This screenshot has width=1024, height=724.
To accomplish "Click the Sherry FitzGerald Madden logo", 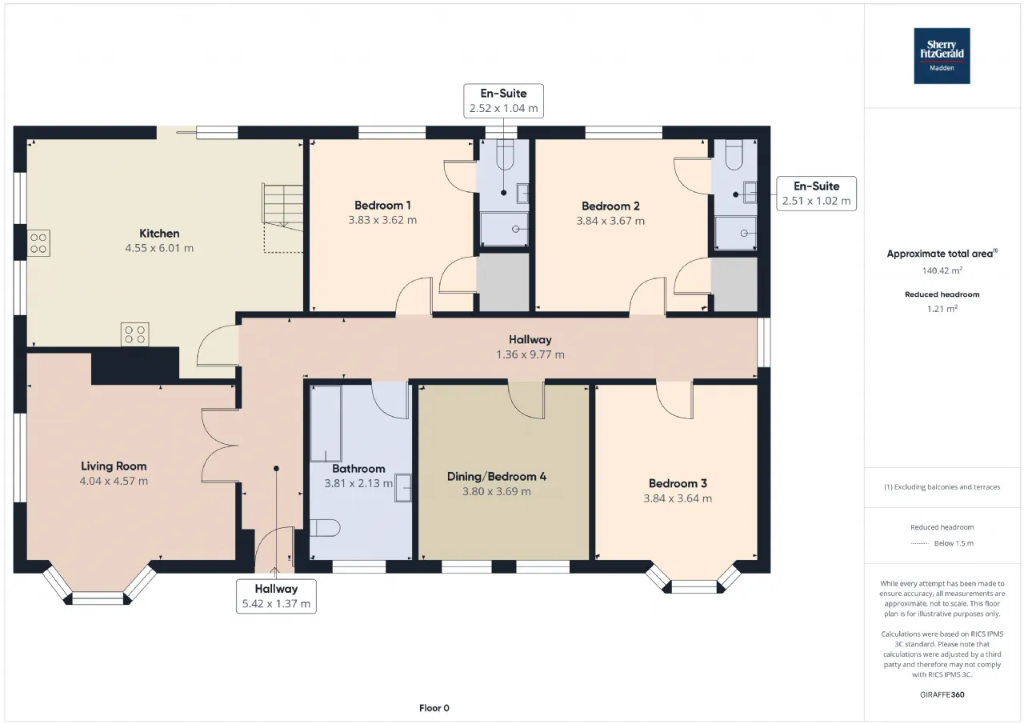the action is click(x=942, y=56).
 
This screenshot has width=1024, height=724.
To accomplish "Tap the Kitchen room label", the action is click(x=159, y=233).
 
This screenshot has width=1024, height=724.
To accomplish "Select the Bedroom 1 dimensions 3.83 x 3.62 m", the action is click(x=382, y=220).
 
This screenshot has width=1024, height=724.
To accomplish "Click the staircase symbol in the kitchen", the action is click(x=282, y=208).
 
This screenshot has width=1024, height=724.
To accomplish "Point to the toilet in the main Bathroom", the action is click(x=325, y=528).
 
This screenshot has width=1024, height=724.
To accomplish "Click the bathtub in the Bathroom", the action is click(x=326, y=424).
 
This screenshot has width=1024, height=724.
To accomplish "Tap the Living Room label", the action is click(x=114, y=466).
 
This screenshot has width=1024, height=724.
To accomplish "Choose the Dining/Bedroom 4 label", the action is click(x=497, y=477).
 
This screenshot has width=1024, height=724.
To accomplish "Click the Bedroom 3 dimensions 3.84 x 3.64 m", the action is click(x=678, y=498).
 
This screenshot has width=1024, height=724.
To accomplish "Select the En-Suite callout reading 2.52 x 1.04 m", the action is click(x=503, y=101).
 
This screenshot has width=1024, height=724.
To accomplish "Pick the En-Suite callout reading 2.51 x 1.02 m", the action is click(x=817, y=194).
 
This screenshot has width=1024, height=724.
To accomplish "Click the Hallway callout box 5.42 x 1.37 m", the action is click(x=276, y=596).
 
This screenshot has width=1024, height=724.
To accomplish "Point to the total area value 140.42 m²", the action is click(x=942, y=270).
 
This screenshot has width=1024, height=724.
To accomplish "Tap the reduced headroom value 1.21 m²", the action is click(x=942, y=309).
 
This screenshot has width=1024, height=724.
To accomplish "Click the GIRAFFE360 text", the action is click(x=942, y=694).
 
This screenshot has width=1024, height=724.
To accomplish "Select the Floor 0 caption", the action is click(x=434, y=708).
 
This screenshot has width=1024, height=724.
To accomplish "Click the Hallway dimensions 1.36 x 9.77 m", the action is click(x=530, y=354).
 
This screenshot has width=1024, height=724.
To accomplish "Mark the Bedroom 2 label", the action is click(x=610, y=206).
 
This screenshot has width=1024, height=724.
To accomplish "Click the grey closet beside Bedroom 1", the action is click(x=503, y=282).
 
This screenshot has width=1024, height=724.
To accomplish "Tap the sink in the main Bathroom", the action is click(x=403, y=488).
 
